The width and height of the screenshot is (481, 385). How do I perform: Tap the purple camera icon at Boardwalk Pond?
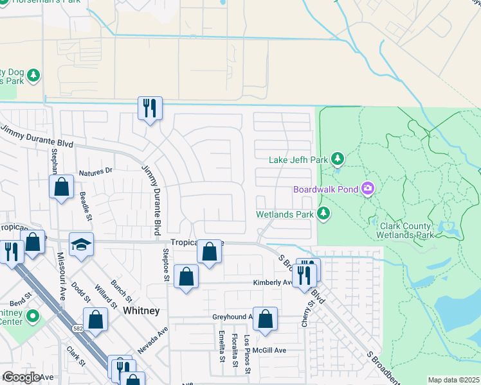[x=368, y=189]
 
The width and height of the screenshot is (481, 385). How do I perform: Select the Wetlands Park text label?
[x=284, y=214]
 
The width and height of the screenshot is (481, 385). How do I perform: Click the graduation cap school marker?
[x=82, y=244]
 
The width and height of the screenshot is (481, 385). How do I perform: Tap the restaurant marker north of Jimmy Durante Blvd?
[x=150, y=108]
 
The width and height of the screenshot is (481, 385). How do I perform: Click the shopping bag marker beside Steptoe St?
[x=186, y=277]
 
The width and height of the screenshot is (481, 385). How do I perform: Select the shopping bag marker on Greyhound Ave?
[x=265, y=319]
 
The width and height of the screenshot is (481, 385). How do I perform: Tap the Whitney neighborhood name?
[x=141, y=310]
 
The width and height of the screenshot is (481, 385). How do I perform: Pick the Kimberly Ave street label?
[x=273, y=282]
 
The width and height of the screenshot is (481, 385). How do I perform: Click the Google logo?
[x=21, y=377]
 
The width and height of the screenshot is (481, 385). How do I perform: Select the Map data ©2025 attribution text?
[x=453, y=380]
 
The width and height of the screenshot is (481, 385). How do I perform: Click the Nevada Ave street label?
[x=152, y=340]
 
